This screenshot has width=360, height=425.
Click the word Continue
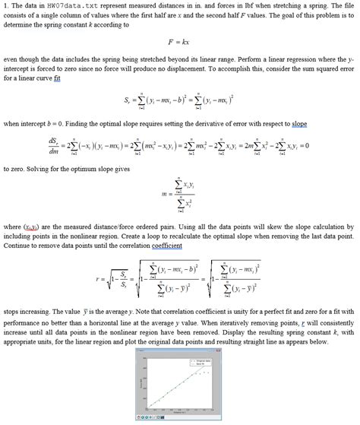pyautogui.click(x=17, y=246)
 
